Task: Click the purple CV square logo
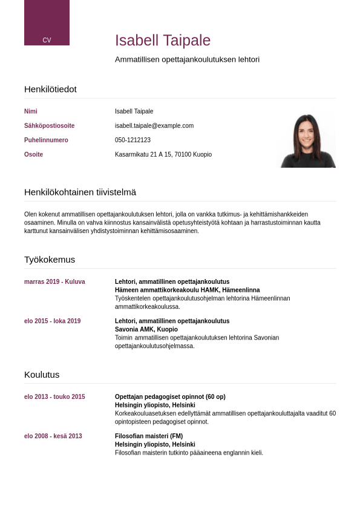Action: (47, 22)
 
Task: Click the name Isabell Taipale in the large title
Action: (163, 41)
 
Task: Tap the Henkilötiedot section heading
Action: (50, 89)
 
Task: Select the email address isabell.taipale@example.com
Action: (154, 126)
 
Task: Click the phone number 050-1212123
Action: (133, 140)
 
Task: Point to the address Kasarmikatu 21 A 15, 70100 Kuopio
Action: (163, 155)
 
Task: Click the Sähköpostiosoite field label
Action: (49, 126)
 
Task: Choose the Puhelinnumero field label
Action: (46, 140)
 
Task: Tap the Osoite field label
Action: (33, 155)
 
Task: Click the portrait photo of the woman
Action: (307, 141)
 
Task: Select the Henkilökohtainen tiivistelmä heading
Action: (80, 192)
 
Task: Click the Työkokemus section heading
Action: (50, 259)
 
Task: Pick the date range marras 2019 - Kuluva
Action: (54, 282)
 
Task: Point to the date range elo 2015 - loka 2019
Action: (52, 321)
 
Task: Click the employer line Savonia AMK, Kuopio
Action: (146, 330)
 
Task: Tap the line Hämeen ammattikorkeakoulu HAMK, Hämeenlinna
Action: (187, 291)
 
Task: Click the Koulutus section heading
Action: (42, 374)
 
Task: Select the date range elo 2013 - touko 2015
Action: (54, 397)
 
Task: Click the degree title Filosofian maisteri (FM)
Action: (149, 436)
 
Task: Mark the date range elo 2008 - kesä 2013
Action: (53, 436)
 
